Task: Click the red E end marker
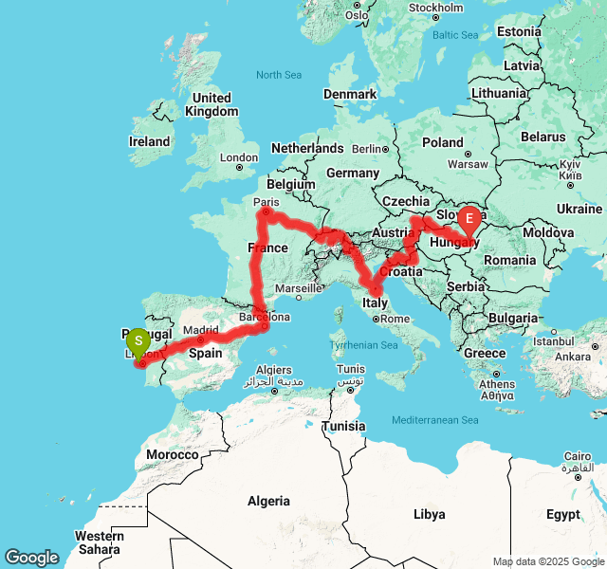469,221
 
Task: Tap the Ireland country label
149,142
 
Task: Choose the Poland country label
443,142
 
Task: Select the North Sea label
279,75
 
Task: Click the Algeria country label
268,500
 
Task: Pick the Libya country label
429,514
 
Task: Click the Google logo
31,558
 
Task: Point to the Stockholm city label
435,8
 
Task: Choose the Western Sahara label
99,542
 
